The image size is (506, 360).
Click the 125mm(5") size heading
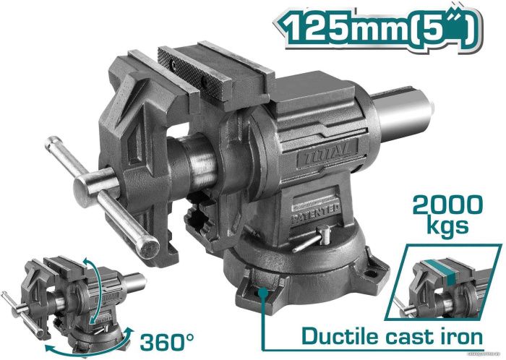[x=377, y=28]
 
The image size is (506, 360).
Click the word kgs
[x=447, y=226]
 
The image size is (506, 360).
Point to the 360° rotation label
[x=167, y=341]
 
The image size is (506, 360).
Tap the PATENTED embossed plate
[x=317, y=213]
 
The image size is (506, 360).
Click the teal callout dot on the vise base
[x=264, y=292]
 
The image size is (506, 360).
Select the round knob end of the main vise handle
[x=148, y=247]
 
